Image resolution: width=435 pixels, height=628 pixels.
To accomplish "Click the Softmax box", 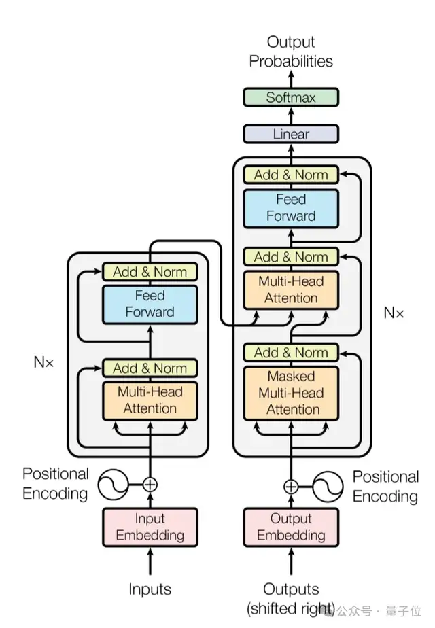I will pos(290,97).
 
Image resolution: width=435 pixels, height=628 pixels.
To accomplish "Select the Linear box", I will pos(290,134).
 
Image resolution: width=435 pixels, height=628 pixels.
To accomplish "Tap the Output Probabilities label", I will pos(290,52).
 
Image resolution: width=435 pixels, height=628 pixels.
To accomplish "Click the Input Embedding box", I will pos(150,527).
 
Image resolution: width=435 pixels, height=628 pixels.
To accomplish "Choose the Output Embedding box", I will pos(290,527).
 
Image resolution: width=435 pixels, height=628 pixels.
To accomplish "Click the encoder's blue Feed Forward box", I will pos(150,304).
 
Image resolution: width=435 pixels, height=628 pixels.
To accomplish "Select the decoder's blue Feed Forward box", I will pos(290,208).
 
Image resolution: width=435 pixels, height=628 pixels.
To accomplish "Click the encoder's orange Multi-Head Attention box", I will pos(150,400).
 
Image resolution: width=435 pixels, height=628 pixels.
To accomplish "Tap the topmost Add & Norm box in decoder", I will pos(290,175).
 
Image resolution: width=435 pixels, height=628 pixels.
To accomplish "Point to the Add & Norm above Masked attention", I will pos(290,353).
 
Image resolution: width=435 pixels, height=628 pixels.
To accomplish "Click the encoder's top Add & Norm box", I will pos(150,272).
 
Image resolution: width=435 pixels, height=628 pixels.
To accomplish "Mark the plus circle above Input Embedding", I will pos(150,485).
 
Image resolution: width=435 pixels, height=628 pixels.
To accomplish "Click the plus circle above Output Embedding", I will pos(291,487).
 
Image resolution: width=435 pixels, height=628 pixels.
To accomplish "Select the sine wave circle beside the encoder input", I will pos(113,485).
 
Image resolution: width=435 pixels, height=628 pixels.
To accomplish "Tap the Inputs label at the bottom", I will pos(150,589).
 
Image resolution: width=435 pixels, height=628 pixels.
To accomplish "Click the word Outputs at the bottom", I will pos(290,589).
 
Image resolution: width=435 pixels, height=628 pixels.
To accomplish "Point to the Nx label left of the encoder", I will pos(43,362).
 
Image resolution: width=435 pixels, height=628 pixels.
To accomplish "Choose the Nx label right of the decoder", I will pos(394,313).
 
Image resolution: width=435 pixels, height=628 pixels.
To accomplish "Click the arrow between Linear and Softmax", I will pos(290,116).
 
